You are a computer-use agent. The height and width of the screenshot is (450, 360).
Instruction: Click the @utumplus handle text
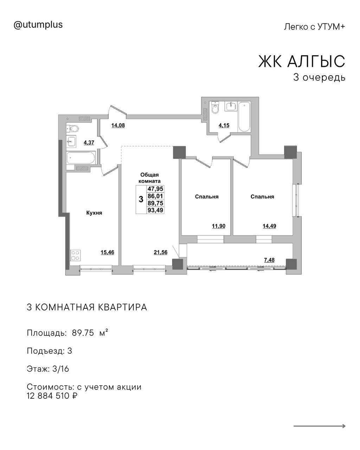tap(38, 25)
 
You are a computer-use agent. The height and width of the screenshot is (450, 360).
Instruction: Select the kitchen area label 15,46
tap(107, 252)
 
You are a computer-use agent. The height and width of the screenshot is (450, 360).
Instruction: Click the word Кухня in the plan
tap(94, 213)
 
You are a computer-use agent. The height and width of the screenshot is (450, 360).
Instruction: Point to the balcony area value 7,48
tap(269, 260)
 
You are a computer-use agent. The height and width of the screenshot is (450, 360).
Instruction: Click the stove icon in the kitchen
tap(76, 255)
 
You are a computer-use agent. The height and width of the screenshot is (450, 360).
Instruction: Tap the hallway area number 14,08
tap(118, 126)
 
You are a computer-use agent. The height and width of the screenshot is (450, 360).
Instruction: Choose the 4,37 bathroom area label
tap(89, 143)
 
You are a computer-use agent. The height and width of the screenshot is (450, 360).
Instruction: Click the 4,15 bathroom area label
tap(224, 126)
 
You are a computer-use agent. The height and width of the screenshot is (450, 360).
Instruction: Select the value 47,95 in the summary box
tap(155, 189)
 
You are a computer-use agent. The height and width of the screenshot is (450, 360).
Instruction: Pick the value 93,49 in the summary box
tap(155, 210)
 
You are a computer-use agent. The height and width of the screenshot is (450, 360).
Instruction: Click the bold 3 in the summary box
tap(141, 199)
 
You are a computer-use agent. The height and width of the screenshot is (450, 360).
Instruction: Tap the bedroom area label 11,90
tap(219, 226)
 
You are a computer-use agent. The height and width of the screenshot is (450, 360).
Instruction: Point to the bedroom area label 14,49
tap(269, 226)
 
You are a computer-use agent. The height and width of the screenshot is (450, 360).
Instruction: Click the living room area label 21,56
tap(161, 252)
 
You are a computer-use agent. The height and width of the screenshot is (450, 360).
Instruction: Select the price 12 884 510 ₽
tap(52, 396)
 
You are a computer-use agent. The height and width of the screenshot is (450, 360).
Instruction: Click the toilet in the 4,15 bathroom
tap(215, 108)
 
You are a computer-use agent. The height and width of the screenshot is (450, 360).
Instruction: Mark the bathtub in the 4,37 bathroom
tap(81, 158)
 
